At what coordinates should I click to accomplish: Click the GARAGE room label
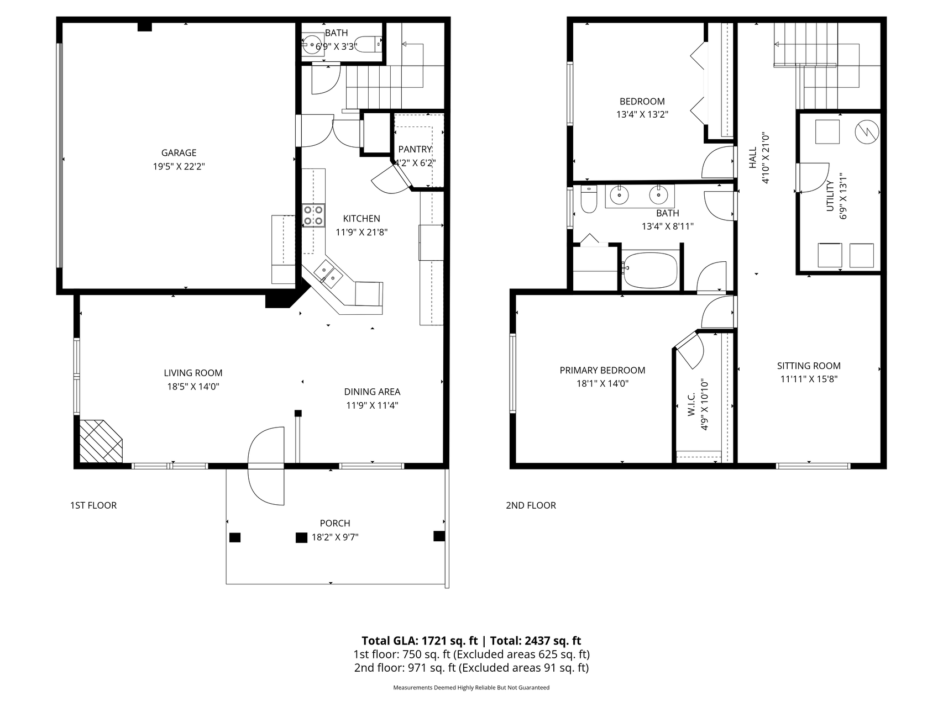[x=179, y=153]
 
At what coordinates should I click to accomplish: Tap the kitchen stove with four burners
[x=313, y=215]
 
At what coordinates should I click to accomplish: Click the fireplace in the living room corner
[x=100, y=441]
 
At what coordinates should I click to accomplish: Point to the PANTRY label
[x=415, y=149]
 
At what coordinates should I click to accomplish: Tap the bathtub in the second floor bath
[x=650, y=270]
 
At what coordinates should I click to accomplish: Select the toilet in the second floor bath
[x=589, y=199]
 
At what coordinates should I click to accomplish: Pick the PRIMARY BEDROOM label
[x=603, y=370]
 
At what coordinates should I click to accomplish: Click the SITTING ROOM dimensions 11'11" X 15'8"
[x=809, y=379]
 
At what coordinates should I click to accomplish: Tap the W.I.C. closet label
[x=691, y=405]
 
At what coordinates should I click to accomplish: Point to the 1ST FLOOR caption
[x=93, y=505]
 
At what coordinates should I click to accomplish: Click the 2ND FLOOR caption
[x=531, y=505]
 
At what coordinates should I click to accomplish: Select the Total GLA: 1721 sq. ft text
[x=420, y=641]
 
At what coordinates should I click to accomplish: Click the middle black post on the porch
[x=301, y=537]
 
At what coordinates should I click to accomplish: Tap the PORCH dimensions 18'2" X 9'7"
[x=335, y=537]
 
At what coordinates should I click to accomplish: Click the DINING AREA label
[x=372, y=392]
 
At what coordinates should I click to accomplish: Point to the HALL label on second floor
[x=752, y=157]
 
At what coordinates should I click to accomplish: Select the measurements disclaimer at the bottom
[x=471, y=688]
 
